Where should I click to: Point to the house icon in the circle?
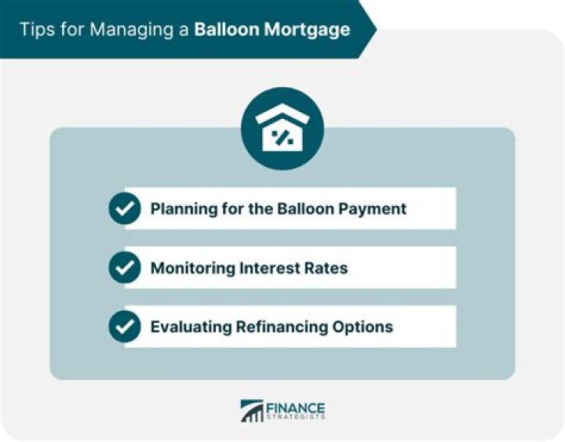click(x=282, y=129)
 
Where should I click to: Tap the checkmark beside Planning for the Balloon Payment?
click(x=125, y=208)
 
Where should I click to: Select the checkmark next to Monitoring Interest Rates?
click(x=125, y=268)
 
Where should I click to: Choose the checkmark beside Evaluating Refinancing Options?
click(x=125, y=327)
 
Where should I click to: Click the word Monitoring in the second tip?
click(x=189, y=268)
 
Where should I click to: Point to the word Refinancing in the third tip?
click(x=275, y=327)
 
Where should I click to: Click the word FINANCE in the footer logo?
click(x=297, y=408)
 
